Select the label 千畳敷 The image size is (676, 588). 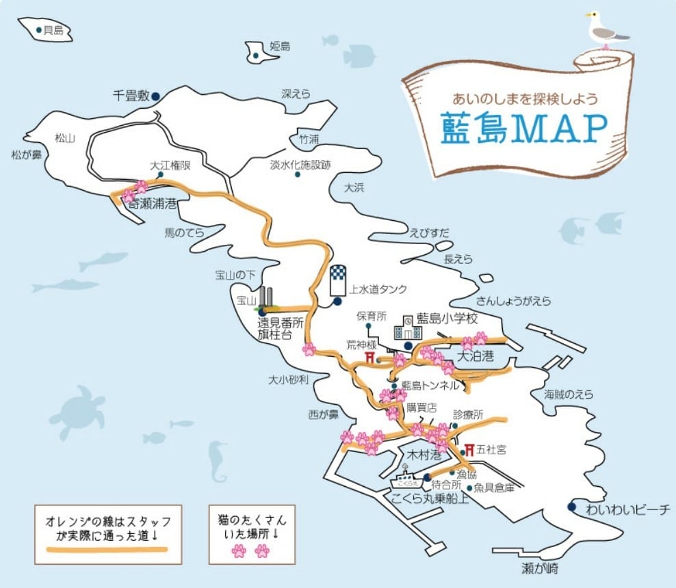point(131,96)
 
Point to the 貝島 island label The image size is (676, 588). point(53,30)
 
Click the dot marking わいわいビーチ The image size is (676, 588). point(571,507)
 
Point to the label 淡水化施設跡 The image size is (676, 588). point(300,165)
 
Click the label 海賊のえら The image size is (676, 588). point(569,394)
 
